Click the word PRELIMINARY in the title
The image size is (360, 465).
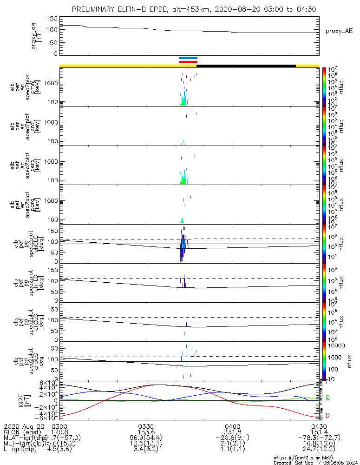(x=95, y=10)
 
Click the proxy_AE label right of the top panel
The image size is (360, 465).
(x=340, y=31)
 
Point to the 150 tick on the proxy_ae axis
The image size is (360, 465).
(x=52, y=19)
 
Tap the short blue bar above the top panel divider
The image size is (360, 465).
(x=188, y=58)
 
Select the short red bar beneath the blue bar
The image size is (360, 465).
(x=188, y=61)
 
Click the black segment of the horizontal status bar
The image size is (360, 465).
(x=246, y=66)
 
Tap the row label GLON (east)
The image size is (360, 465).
(x=23, y=432)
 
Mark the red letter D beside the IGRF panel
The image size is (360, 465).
(x=327, y=415)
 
